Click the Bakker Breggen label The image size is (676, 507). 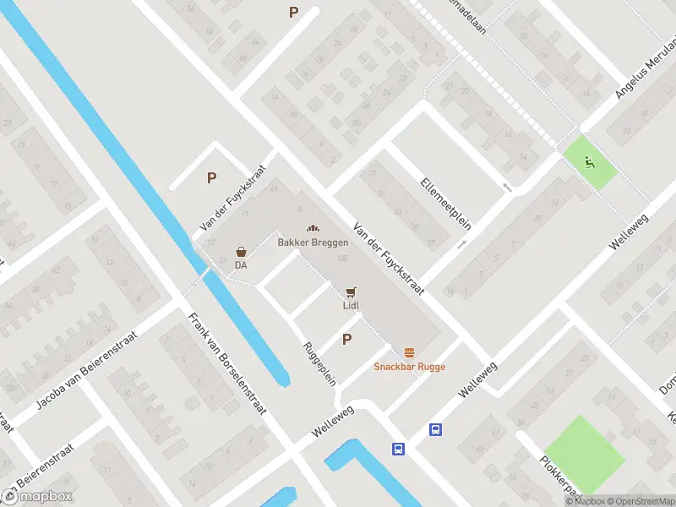tap(313, 243)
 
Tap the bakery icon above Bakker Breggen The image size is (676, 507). tap(313, 229)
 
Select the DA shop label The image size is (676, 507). tap(242, 265)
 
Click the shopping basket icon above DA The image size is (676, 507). tap(242, 252)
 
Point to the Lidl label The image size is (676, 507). tap(352, 306)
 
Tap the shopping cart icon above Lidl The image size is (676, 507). tap(351, 292)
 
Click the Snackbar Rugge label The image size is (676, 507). tap(410, 367)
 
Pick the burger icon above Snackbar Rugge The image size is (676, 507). tap(410, 352)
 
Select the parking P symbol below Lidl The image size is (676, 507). tap(346, 340)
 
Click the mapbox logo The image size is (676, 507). tap(38, 496)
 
